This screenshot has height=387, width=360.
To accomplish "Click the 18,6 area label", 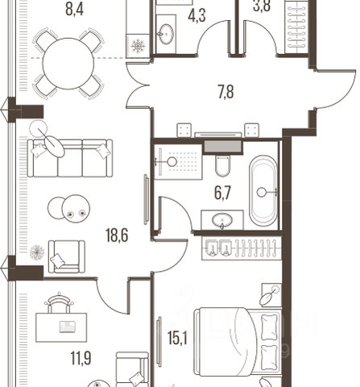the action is point(117,236).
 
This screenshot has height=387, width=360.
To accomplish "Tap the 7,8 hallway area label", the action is point(226,92).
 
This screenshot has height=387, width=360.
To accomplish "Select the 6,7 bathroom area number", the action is point(222,193).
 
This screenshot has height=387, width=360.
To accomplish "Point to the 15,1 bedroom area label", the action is point(177,338).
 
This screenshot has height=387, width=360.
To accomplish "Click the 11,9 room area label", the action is point(81,358).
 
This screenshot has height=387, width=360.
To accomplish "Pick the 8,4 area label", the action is point(74,9).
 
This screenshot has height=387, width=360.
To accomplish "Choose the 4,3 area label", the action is point(197,15).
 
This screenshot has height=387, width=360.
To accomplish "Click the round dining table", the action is point(68,64).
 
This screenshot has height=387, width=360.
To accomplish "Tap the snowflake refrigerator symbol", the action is point(138,46).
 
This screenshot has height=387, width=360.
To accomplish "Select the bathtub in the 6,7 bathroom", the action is point(263,191).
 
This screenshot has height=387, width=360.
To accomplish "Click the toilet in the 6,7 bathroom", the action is point(222,165).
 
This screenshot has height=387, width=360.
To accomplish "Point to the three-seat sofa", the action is point(70,158).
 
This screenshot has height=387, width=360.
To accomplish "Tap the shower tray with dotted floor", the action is point(178,162).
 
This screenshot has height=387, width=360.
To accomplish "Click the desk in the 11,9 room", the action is point(61,327).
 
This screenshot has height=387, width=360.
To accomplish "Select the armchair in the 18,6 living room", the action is point(67,256).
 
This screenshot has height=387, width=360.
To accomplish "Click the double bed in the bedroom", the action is point(238,341).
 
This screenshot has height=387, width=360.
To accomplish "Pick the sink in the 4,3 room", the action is point(167,34).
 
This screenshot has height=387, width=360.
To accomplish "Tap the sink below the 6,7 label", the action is point(222,221).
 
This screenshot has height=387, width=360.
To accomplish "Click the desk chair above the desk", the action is point(59,303).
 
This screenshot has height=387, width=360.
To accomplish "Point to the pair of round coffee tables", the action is point(68,209).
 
